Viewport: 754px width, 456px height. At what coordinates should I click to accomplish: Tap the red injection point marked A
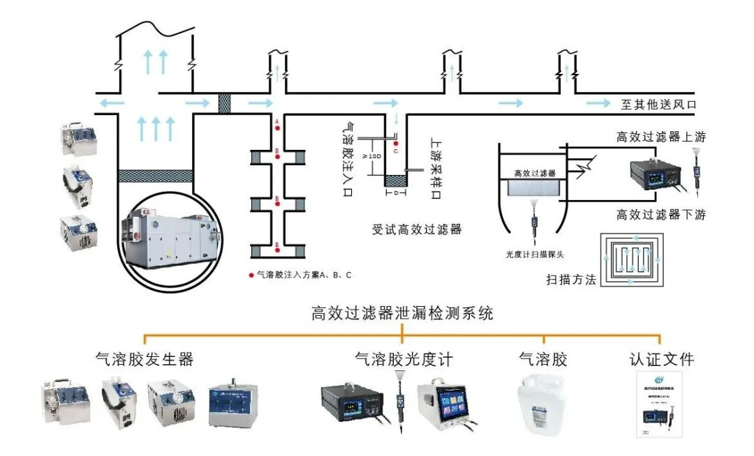[x=277, y=127]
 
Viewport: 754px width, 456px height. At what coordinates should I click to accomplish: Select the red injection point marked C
[x=396, y=143]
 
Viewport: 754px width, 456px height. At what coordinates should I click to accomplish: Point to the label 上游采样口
[x=436, y=167]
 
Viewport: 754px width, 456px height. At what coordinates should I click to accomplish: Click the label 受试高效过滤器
[x=417, y=229]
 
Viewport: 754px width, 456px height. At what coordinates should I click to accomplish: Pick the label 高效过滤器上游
[x=660, y=137]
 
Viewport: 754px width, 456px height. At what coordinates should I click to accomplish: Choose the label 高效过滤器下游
[x=660, y=215]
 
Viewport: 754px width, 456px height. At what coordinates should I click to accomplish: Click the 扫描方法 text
[x=571, y=280]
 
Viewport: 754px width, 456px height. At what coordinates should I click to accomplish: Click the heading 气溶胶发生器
[x=145, y=359]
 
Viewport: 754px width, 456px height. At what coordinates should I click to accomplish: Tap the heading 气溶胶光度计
[x=404, y=359]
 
